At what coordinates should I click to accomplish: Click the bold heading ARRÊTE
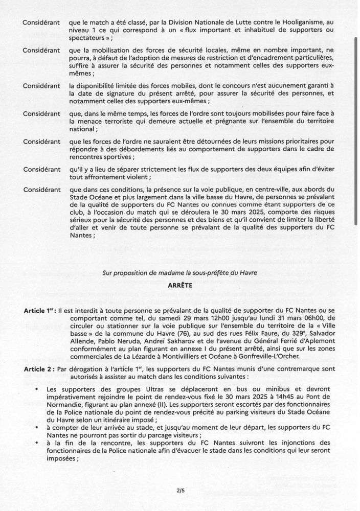(x=181, y=287)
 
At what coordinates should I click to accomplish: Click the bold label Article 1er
(x=41, y=311)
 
